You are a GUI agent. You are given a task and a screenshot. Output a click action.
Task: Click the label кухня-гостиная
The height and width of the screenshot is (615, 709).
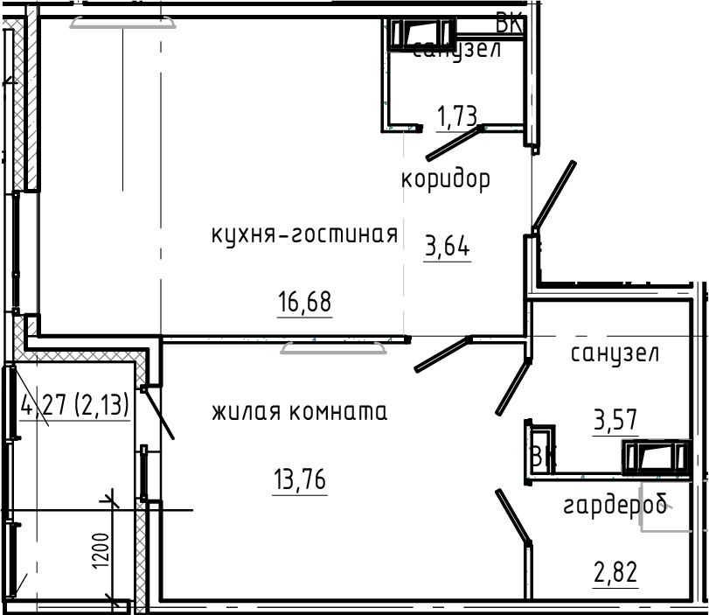pos(304,234)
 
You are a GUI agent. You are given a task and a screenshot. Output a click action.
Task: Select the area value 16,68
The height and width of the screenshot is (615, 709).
pos(305,303)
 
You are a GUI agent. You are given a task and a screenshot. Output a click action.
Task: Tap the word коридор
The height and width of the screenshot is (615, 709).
pos(445,179)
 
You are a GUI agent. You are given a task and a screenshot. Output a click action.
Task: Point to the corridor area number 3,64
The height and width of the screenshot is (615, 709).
pos(447,248)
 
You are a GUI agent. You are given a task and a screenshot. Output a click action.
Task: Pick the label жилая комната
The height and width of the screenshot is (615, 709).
pos(299,410)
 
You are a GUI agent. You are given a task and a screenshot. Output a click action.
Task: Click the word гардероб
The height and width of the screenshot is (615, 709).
pos(615,506)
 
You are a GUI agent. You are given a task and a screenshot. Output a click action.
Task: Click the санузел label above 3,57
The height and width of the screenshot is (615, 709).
pos(615,354)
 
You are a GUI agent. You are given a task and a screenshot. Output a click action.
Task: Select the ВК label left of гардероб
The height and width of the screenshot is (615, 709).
pos(543,457)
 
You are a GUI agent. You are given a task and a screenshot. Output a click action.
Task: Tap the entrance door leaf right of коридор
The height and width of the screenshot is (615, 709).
pos(554,195)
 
